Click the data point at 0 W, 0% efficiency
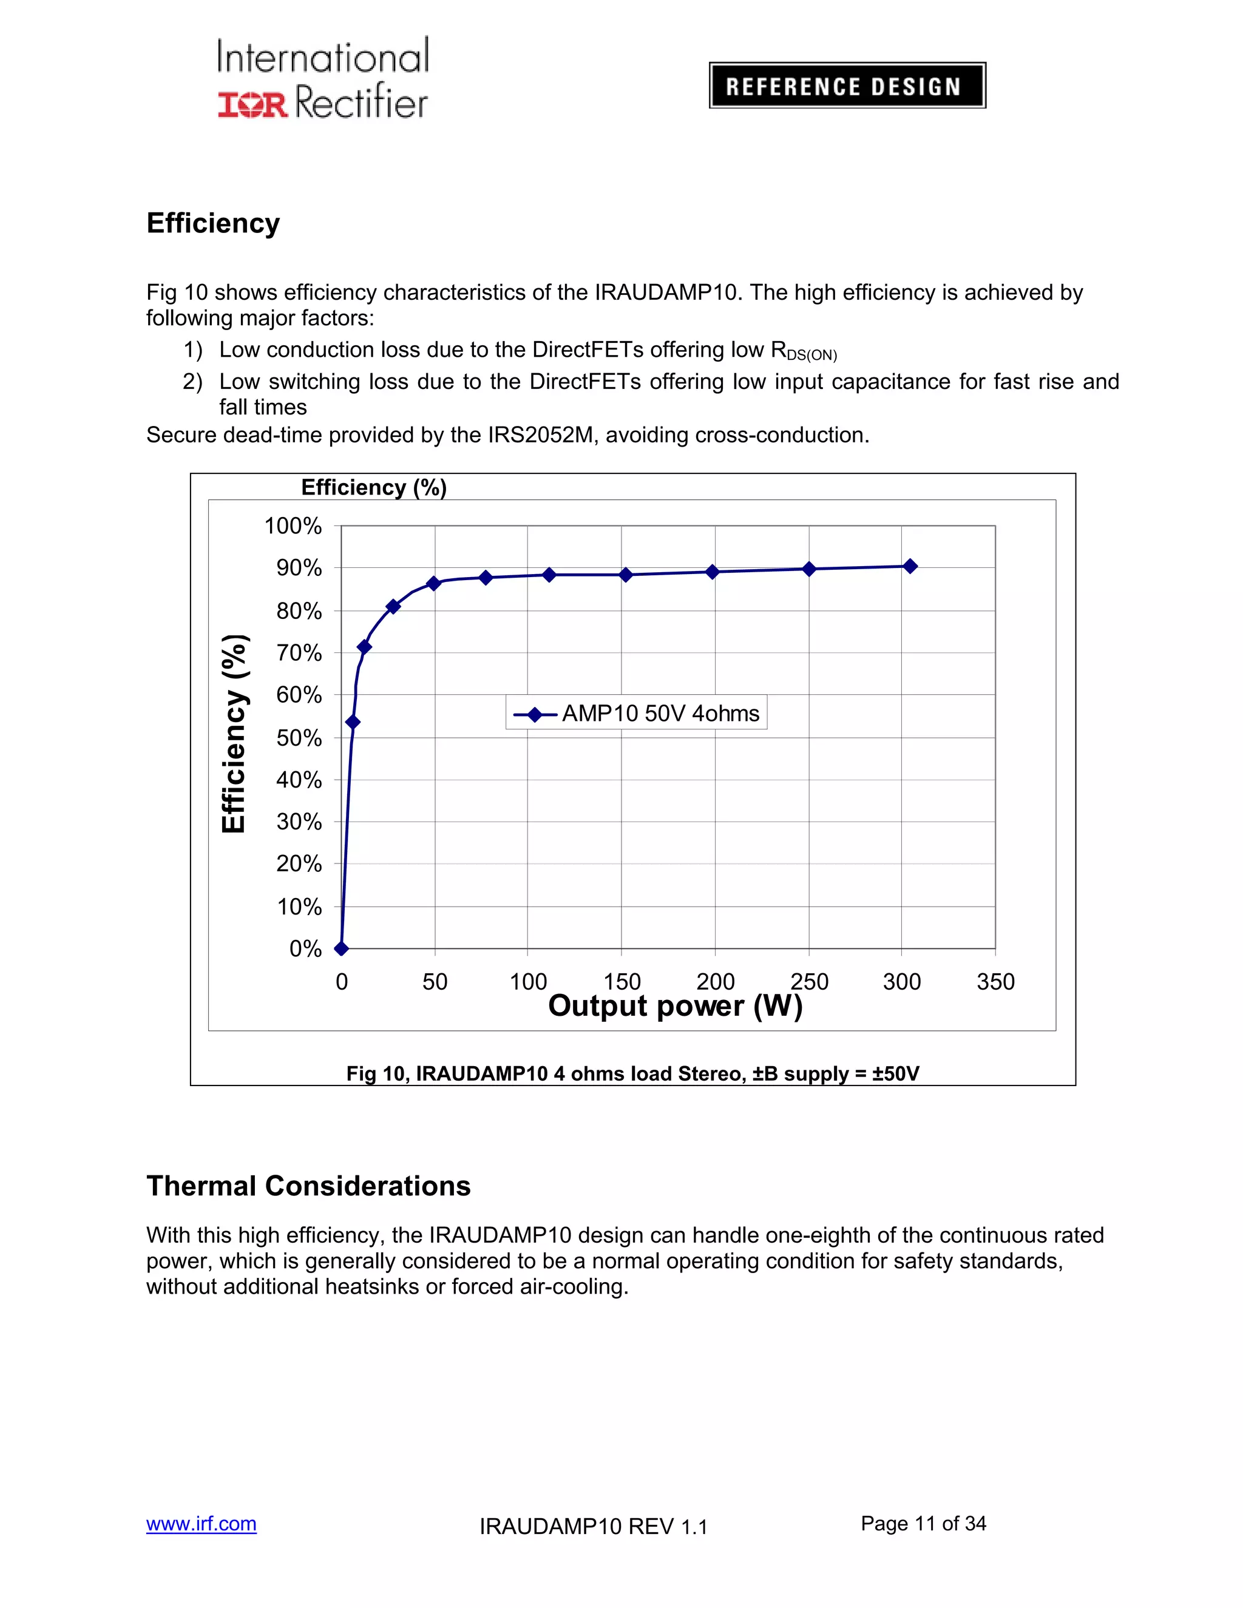(x=341, y=948)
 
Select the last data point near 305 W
(x=910, y=566)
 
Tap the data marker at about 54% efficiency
(x=353, y=722)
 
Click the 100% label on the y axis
(x=293, y=525)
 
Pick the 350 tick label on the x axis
(x=995, y=981)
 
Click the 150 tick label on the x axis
(x=621, y=981)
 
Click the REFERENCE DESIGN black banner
(x=847, y=86)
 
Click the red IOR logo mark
(x=252, y=104)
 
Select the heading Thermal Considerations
(x=308, y=1186)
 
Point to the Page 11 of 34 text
(x=923, y=1523)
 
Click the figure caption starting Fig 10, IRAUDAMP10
(x=632, y=1073)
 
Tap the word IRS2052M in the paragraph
(x=541, y=435)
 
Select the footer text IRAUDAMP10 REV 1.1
(x=593, y=1526)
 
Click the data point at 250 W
(x=808, y=569)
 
